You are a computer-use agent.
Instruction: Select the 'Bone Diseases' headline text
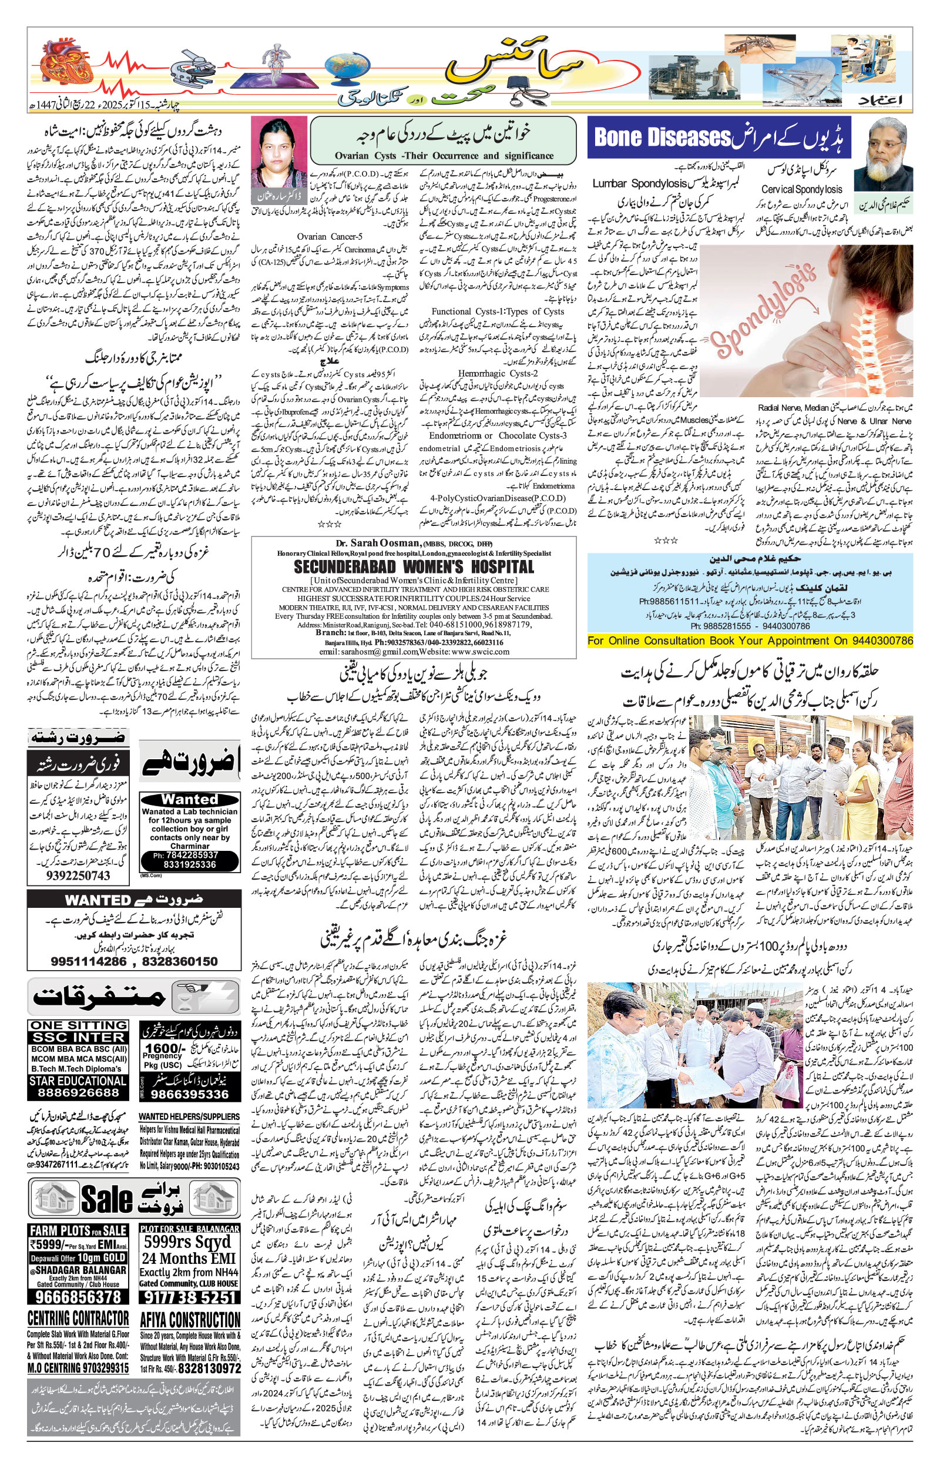[x=662, y=137]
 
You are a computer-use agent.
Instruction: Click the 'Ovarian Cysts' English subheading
[x=444, y=156]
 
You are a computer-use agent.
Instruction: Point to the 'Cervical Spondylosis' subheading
[x=801, y=190]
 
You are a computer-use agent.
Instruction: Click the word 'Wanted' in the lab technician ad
[x=189, y=799]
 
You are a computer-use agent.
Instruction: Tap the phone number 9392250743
[x=78, y=875]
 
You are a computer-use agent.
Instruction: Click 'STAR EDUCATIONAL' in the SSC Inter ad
[x=78, y=1080]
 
